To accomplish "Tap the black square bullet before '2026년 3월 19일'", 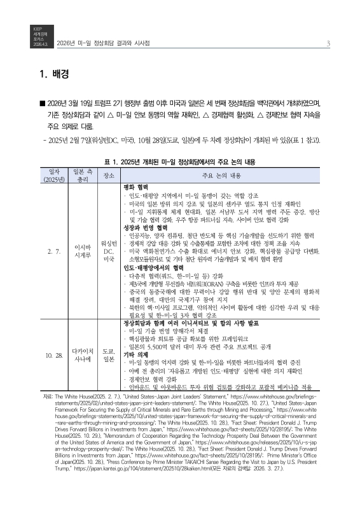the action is click(x=41, y=103).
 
